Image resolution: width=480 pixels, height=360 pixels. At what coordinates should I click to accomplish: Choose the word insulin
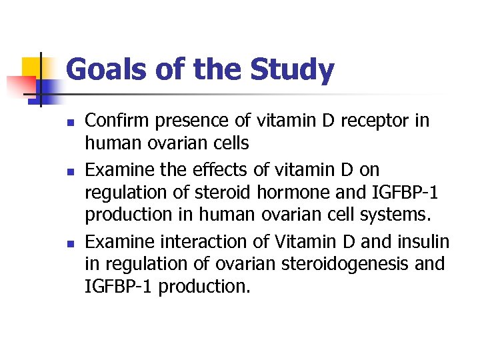pos(423,241)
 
